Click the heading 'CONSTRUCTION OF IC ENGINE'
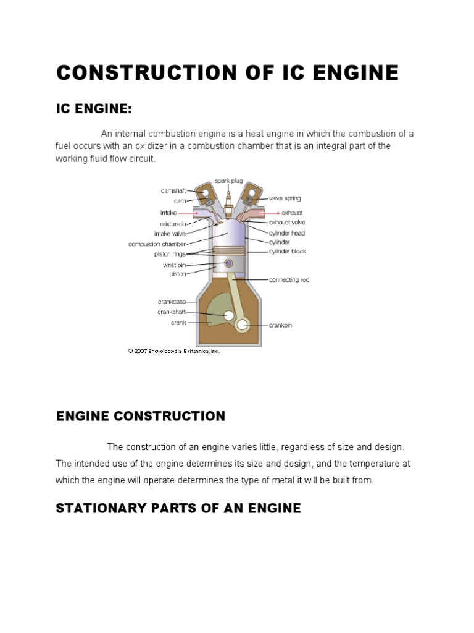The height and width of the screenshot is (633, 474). pyautogui.click(x=227, y=73)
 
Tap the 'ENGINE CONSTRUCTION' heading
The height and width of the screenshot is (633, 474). pyautogui.click(x=141, y=416)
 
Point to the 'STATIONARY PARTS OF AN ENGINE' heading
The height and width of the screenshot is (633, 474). pyautogui.click(x=178, y=508)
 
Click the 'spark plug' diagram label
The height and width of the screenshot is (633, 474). pyautogui.click(x=230, y=181)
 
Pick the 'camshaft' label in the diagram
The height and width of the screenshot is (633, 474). pyautogui.click(x=173, y=192)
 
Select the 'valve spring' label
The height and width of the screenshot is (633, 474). pyautogui.click(x=285, y=198)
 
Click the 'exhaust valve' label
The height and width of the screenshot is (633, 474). pyautogui.click(x=287, y=222)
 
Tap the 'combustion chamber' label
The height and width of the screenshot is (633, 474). pyautogui.click(x=157, y=244)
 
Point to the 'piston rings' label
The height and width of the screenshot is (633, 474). pyautogui.click(x=170, y=253)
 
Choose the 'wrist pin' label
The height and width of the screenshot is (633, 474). pyautogui.click(x=174, y=265)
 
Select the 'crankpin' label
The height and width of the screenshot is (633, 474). pyautogui.click(x=280, y=325)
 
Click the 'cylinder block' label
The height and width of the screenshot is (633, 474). pyautogui.click(x=287, y=252)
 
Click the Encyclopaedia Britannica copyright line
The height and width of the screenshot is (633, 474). pyautogui.click(x=173, y=350)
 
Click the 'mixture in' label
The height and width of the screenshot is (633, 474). pyautogui.click(x=174, y=223)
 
